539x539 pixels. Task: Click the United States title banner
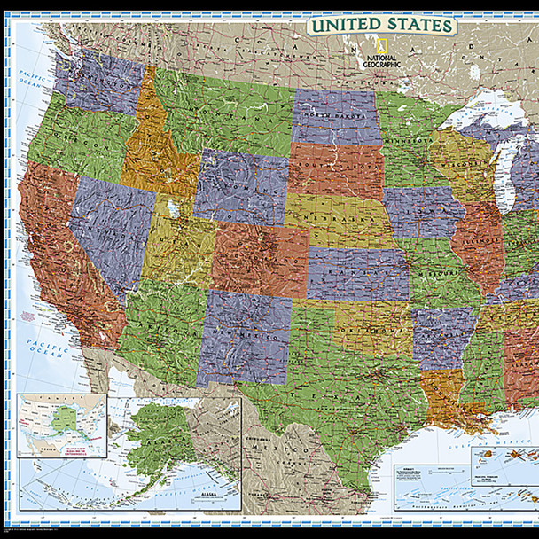pos(381,24)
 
